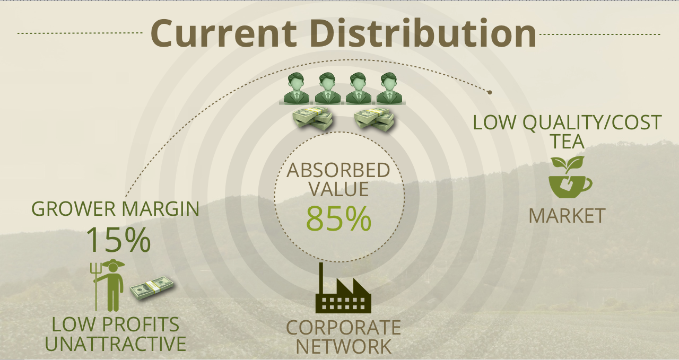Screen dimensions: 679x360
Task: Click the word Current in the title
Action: click(223, 33)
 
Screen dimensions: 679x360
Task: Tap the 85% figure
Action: click(338, 218)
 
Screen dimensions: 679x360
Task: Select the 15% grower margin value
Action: click(118, 240)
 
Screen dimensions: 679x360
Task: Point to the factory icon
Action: click(343, 288)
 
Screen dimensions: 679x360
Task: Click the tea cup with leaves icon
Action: click(570, 177)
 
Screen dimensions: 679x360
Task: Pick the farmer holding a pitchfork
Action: click(109, 285)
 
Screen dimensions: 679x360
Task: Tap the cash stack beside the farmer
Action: click(152, 287)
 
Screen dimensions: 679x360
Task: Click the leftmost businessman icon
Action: click(297, 88)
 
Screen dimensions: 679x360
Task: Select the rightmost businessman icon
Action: click(389, 88)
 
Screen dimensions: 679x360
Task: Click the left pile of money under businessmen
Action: click(312, 119)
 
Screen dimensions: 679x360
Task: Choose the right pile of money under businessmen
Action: click(375, 120)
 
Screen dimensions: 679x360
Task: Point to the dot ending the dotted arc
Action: click(490, 92)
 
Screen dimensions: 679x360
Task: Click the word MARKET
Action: click(567, 216)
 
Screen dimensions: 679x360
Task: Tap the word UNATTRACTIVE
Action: click(116, 344)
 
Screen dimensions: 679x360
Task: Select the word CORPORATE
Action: click(343, 327)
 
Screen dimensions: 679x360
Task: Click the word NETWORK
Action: click(343, 347)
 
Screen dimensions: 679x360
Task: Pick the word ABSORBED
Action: click(338, 170)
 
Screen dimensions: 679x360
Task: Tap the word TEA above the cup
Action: click(568, 141)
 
